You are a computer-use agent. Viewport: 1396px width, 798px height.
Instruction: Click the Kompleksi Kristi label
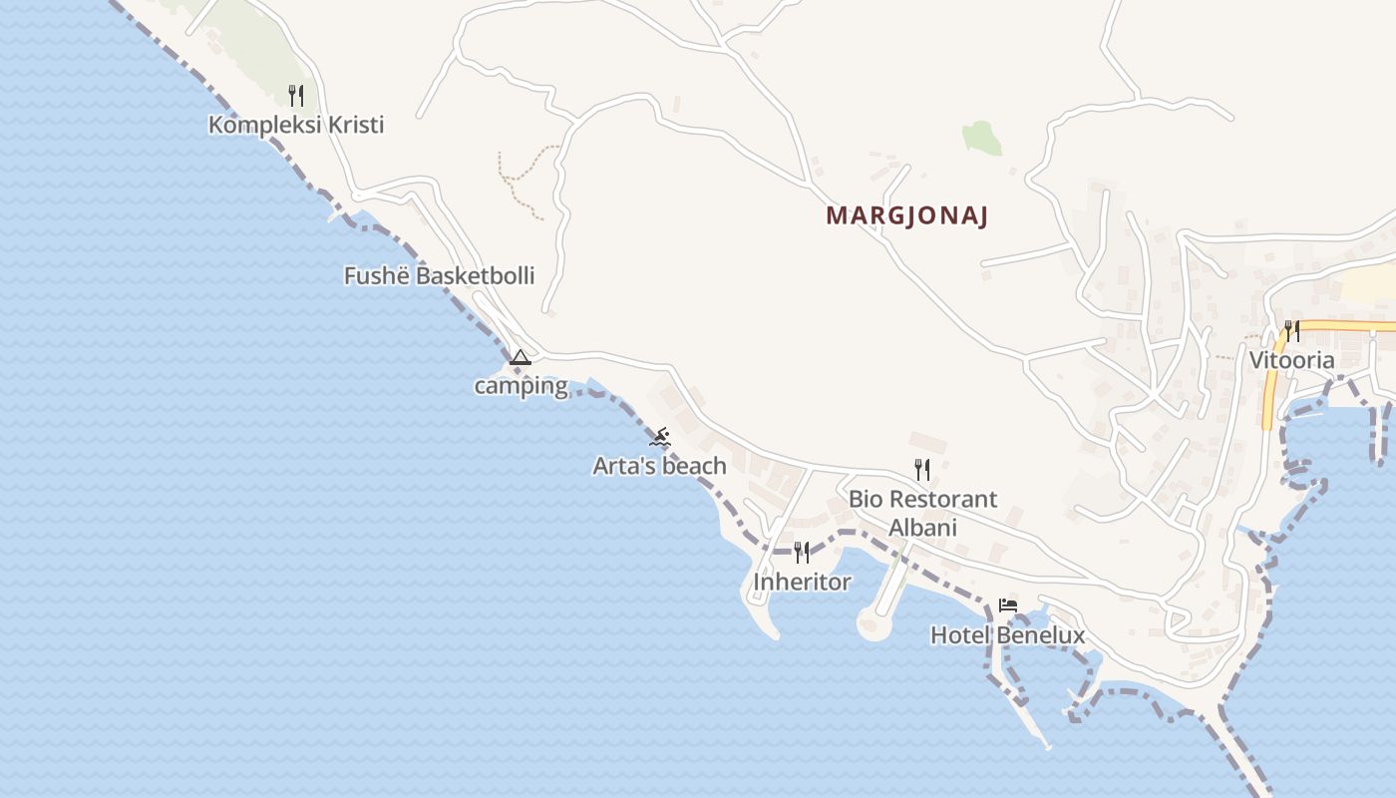point(296,126)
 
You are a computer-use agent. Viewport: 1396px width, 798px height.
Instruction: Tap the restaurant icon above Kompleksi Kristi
point(295,96)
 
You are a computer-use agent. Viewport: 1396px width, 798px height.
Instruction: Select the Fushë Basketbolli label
point(439,276)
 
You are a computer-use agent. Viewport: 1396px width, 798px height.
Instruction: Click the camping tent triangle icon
point(520,357)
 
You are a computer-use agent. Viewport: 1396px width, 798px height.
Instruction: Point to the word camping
point(521,386)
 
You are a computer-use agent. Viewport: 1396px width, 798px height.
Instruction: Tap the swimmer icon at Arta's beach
point(660,437)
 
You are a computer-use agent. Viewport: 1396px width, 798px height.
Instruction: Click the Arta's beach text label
point(659,466)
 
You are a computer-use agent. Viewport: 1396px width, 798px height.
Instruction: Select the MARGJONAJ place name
point(906,216)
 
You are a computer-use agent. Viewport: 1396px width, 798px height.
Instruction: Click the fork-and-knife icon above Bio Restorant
point(922,469)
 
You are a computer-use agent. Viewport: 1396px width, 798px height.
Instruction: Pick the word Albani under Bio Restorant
point(922,528)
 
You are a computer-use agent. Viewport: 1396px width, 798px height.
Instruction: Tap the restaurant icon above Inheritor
point(802,553)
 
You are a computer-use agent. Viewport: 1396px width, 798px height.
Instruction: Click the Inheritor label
point(802,582)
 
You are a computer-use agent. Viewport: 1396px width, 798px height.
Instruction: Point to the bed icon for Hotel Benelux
point(1008,605)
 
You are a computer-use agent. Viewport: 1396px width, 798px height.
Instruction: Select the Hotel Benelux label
point(1007,635)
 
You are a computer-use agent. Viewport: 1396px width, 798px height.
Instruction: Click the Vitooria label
point(1292,361)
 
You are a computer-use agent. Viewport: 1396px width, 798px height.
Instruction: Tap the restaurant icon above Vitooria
point(1292,330)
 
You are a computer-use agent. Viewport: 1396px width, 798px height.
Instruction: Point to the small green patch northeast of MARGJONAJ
point(982,139)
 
